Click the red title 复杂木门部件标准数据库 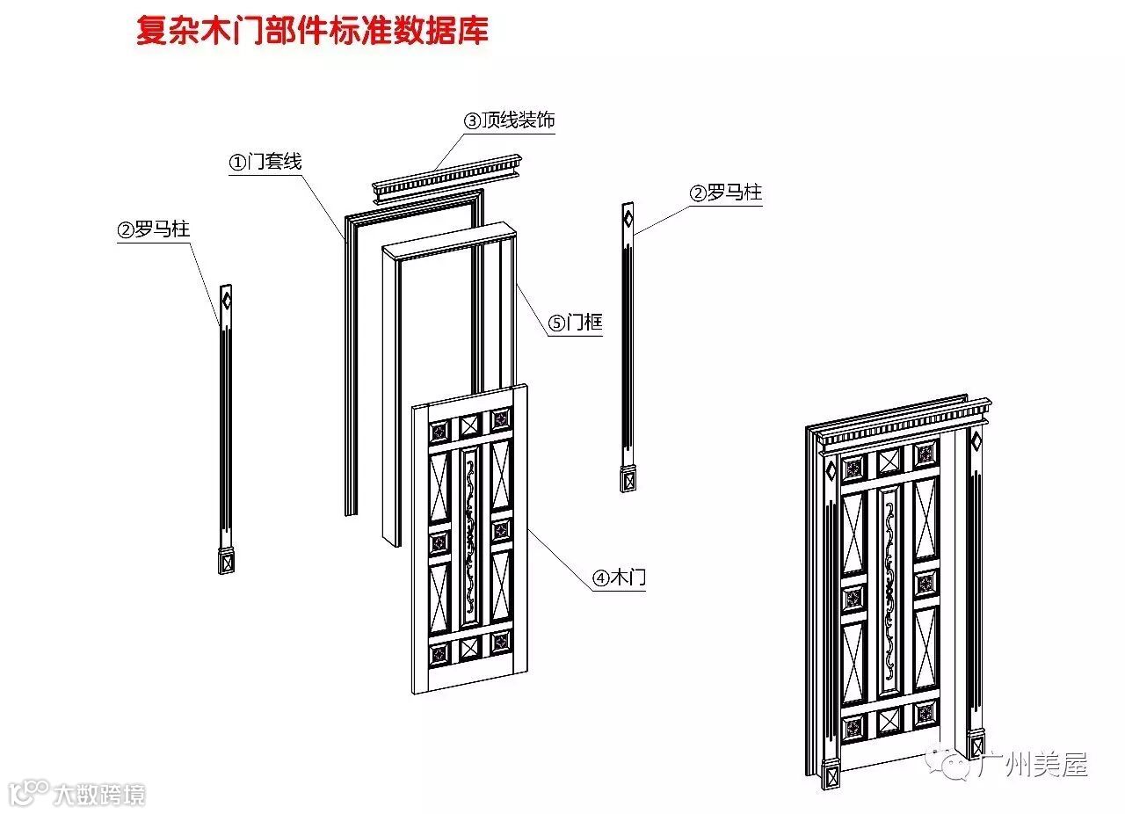(312, 31)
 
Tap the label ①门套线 (265, 162)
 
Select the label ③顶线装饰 (510, 120)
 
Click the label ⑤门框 (576, 323)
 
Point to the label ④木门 (620, 578)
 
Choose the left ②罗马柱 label (154, 230)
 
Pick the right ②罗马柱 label (725, 193)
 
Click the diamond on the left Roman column (226, 302)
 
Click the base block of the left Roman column (225, 559)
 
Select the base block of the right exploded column (628, 480)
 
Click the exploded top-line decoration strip (447, 180)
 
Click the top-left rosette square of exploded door (439, 431)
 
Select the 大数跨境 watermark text (98, 795)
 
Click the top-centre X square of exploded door (470, 424)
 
